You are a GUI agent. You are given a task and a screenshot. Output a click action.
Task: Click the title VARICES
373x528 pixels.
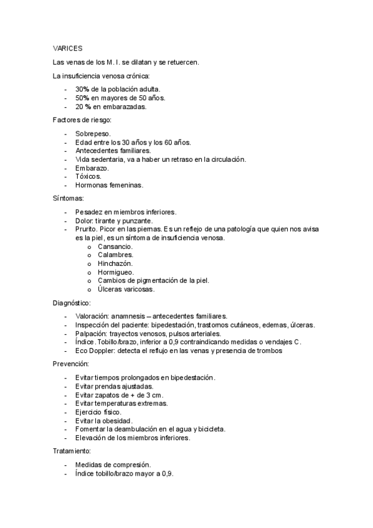(68, 47)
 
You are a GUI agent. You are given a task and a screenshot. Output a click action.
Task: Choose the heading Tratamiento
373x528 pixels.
(73, 450)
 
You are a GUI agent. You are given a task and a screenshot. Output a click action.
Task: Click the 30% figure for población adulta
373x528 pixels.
(83, 89)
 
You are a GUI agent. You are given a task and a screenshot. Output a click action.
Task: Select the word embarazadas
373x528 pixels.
(125, 106)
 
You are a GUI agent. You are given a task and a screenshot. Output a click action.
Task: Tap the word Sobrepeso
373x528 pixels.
(93, 133)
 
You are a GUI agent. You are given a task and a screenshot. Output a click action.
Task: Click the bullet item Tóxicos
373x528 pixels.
(88, 176)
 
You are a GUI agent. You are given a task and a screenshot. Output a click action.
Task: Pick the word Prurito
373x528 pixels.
(87, 229)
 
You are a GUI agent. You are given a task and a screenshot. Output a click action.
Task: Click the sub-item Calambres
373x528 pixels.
(115, 255)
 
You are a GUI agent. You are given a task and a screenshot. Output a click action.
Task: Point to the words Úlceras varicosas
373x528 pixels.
(126, 289)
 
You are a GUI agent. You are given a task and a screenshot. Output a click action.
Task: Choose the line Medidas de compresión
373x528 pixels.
(113, 464)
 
